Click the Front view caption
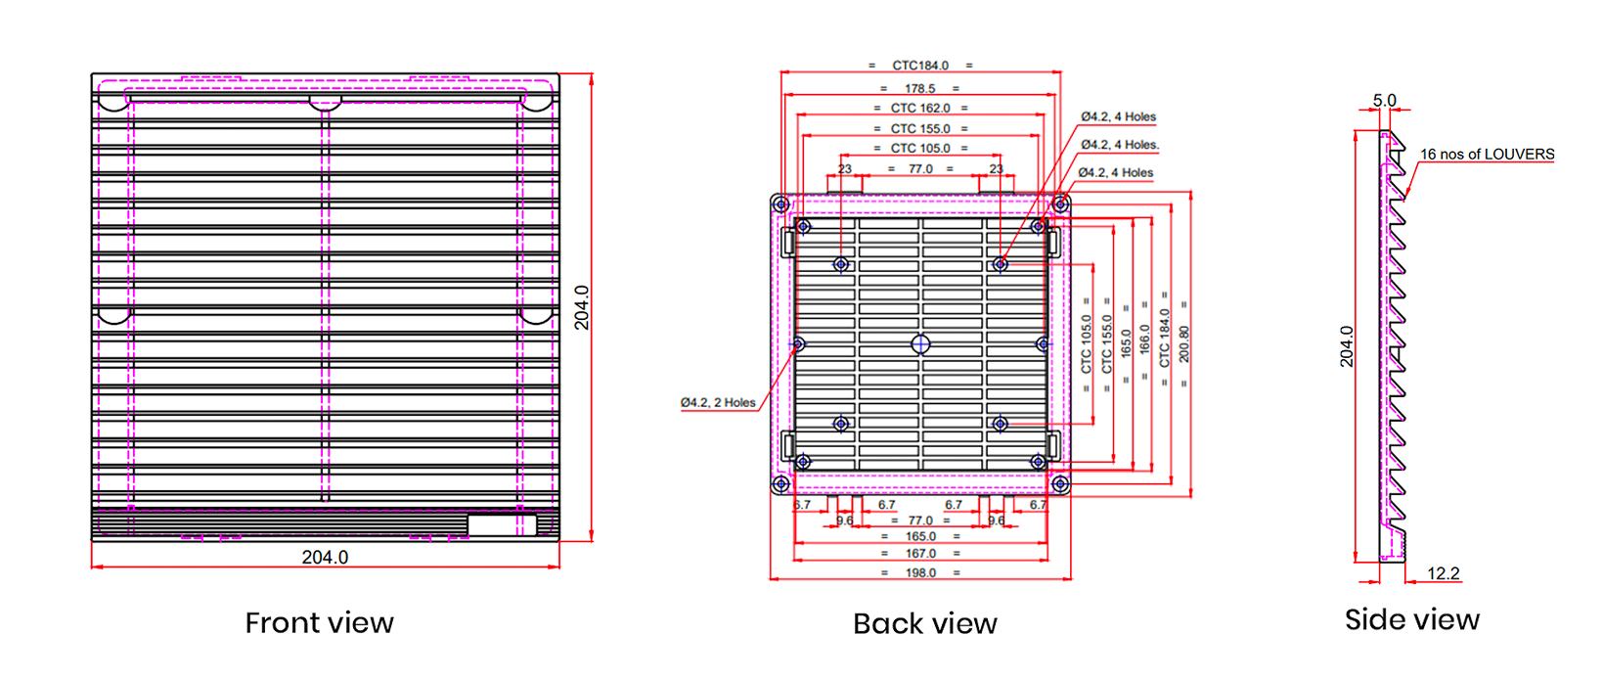click(319, 622)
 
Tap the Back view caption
click(924, 623)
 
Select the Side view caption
click(1411, 619)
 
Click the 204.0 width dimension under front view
click(325, 557)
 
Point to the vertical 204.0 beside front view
click(581, 307)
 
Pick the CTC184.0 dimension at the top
click(920, 66)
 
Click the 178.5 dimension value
click(920, 89)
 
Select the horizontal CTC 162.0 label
click(920, 109)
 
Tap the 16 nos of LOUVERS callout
click(1487, 155)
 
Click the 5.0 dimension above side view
click(1384, 100)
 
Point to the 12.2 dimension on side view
click(1443, 573)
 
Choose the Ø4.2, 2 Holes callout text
click(718, 402)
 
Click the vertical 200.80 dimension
click(1184, 343)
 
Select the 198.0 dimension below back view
click(920, 572)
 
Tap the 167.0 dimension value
click(920, 554)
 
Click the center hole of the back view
click(920, 343)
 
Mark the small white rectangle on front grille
click(502, 524)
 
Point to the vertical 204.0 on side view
click(1347, 345)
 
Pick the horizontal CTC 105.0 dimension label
click(920, 149)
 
